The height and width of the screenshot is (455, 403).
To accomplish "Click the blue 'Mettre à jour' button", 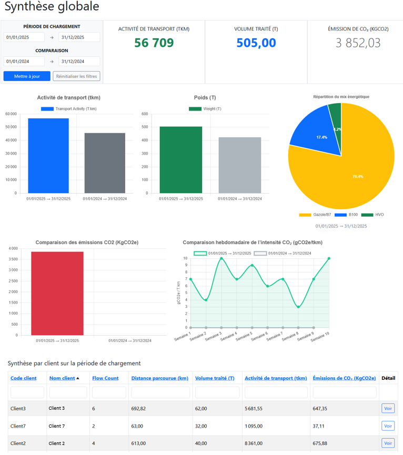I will click(27, 76).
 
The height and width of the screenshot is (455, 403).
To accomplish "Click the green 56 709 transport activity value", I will click(154, 43).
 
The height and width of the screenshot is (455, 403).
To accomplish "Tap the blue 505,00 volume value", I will click(256, 43).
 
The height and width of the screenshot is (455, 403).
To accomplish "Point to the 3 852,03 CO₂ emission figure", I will click(358, 43).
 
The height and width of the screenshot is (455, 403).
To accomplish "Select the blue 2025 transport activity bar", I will click(48, 156).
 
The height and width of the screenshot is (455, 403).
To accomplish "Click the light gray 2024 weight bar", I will click(240, 165).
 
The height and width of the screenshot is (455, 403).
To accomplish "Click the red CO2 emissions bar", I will click(57, 293).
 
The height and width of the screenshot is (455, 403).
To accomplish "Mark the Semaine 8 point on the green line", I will click(298, 307).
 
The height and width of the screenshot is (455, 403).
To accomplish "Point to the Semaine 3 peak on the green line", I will click(221, 258).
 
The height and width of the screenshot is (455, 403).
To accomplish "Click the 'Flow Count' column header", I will click(105, 378).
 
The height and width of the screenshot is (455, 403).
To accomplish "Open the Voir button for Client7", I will click(388, 426).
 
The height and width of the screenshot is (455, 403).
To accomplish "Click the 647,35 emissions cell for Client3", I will click(323, 408).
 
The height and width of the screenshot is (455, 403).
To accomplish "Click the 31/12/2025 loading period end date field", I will click(79, 37).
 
